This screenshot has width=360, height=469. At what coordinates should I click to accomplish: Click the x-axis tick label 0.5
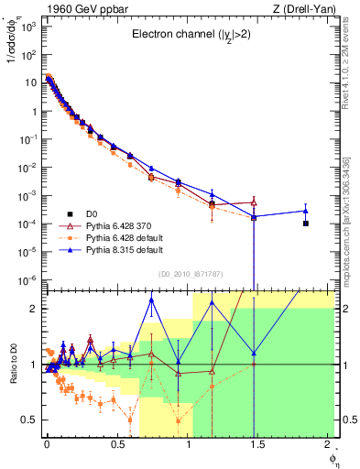[116, 442]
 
